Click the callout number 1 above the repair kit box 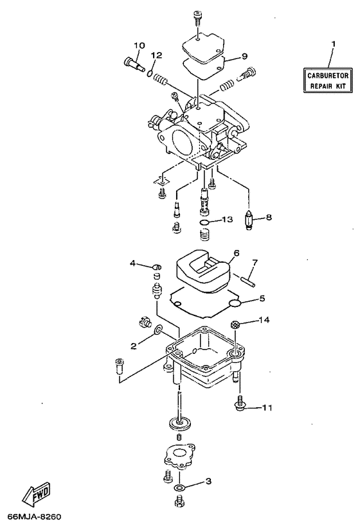point(333,44)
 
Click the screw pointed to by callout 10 point(131,63)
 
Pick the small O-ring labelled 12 point(150,75)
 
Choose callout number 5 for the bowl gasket point(262,298)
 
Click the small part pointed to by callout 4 point(155,267)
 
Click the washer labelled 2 point(157,331)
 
